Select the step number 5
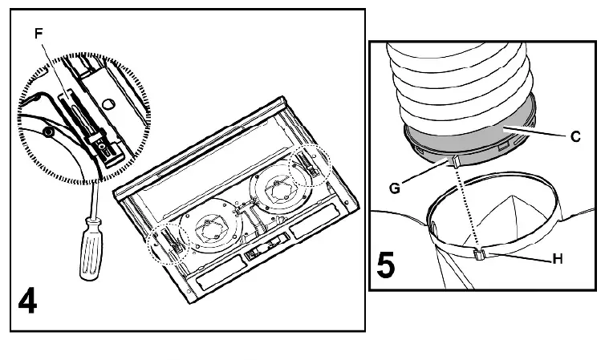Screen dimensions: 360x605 tap(386, 265)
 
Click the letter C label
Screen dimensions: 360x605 tap(575, 137)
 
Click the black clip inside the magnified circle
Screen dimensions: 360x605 tap(105, 148)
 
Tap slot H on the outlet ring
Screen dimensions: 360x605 tap(478, 255)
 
